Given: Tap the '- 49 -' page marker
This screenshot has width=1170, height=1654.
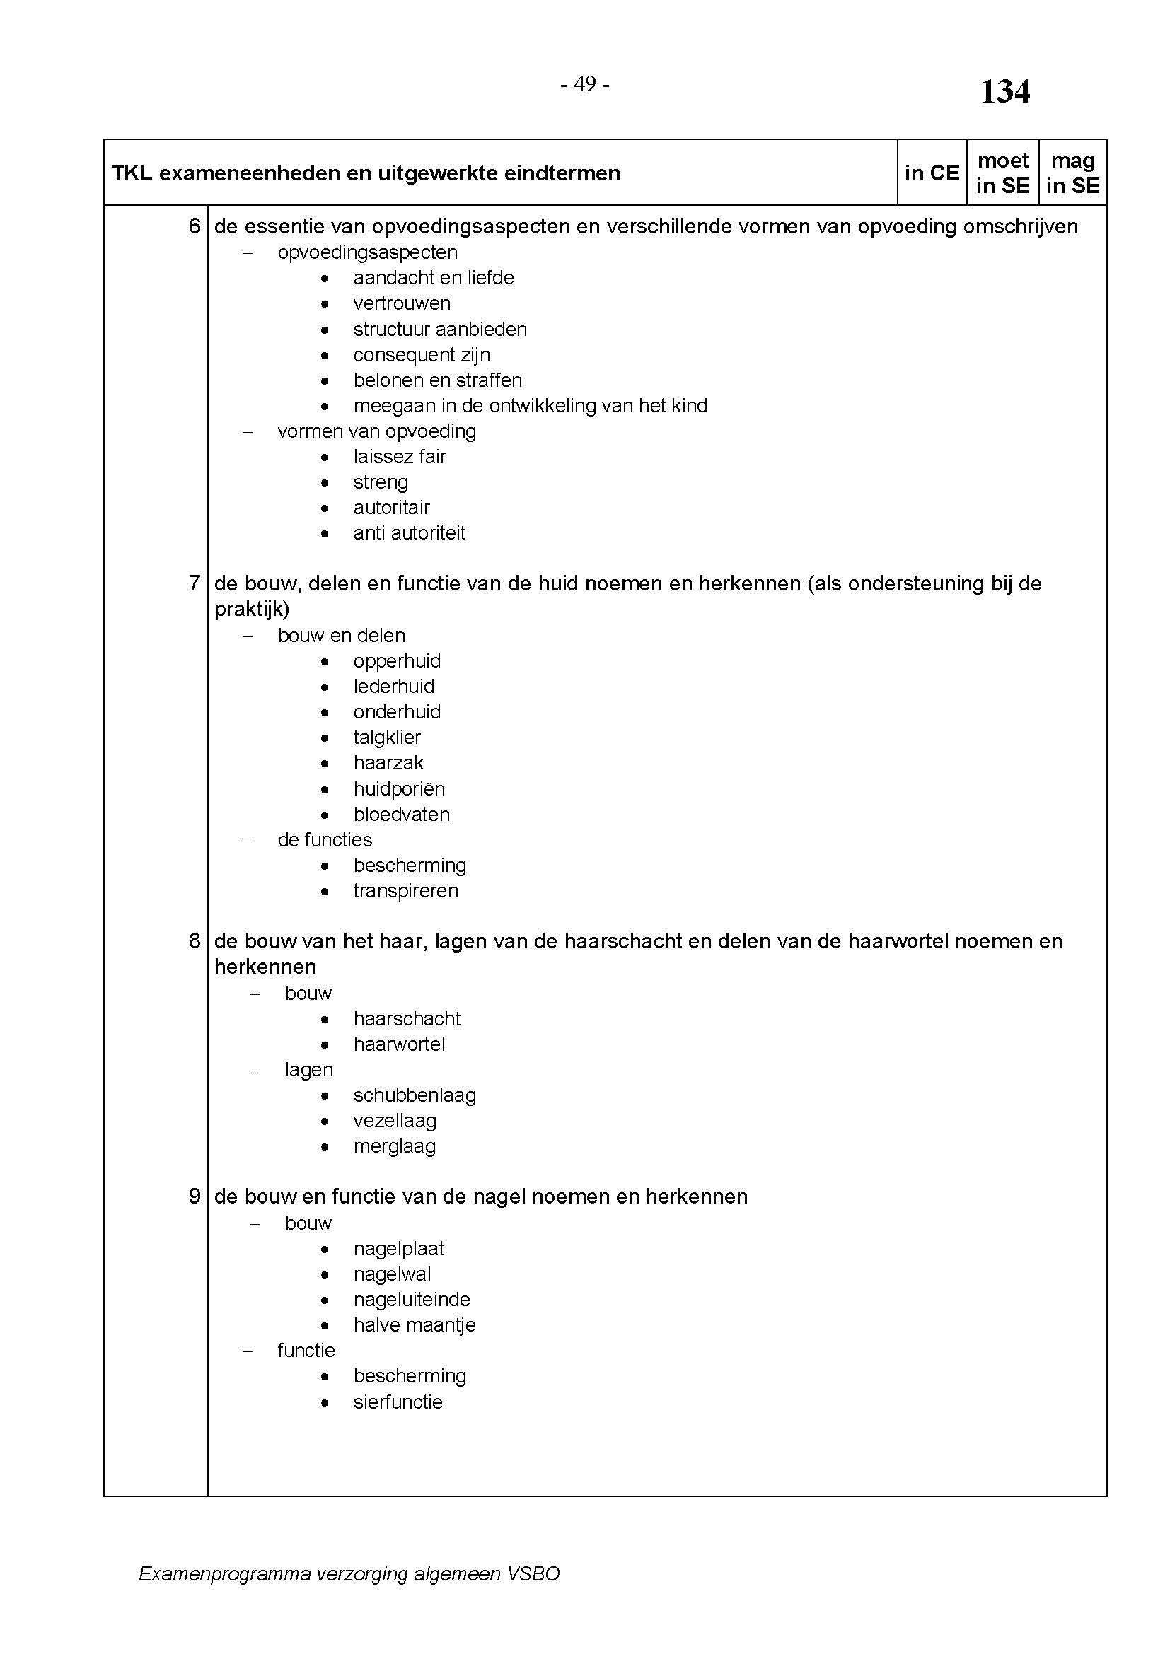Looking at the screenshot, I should coord(585,84).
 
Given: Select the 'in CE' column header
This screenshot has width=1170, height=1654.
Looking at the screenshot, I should coord(932,173).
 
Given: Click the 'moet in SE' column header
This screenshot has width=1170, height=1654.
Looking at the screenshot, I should coord(1002,173).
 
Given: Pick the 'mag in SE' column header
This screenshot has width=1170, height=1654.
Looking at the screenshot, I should coord(1073,173).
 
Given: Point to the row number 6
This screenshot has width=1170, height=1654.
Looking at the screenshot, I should coord(195,226).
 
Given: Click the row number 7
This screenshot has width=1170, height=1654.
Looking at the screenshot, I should coord(195,583).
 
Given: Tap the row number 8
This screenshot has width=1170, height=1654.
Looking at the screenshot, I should coord(195,940).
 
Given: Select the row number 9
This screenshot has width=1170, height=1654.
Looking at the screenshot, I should coord(195,1196).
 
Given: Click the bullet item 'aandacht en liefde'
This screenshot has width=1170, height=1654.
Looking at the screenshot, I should coord(433,278).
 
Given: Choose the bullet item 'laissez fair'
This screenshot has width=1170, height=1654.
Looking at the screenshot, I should coord(399,457).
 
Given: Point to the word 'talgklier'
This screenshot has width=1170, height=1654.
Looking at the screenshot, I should coord(387,737).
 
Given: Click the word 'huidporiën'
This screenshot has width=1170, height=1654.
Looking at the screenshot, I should coord(399,789).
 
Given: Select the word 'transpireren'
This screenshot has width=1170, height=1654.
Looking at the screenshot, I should coord(405,891).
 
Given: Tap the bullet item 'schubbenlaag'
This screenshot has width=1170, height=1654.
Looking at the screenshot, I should coord(415,1095).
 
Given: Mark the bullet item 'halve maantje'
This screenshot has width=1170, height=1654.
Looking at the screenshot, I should coord(415,1324).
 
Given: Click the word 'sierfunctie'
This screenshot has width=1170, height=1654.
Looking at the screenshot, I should coord(398,1402).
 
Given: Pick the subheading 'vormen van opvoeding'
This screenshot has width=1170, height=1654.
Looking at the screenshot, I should coord(377,431).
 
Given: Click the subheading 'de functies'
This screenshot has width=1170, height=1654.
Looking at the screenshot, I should coord(325,840).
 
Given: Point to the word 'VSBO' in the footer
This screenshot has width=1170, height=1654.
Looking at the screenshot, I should coord(533,1573).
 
